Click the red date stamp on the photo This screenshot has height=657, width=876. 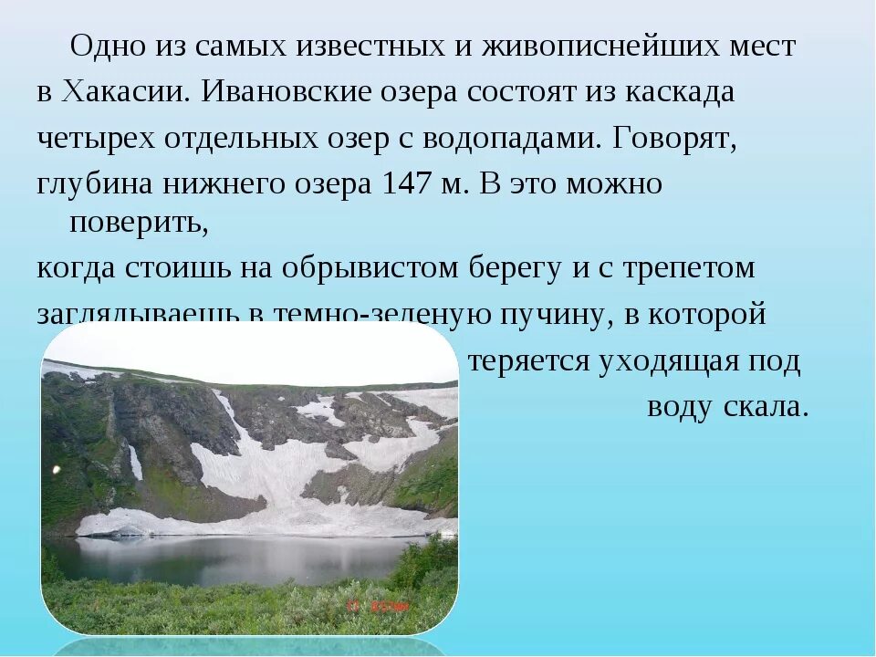[x=377, y=603]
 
